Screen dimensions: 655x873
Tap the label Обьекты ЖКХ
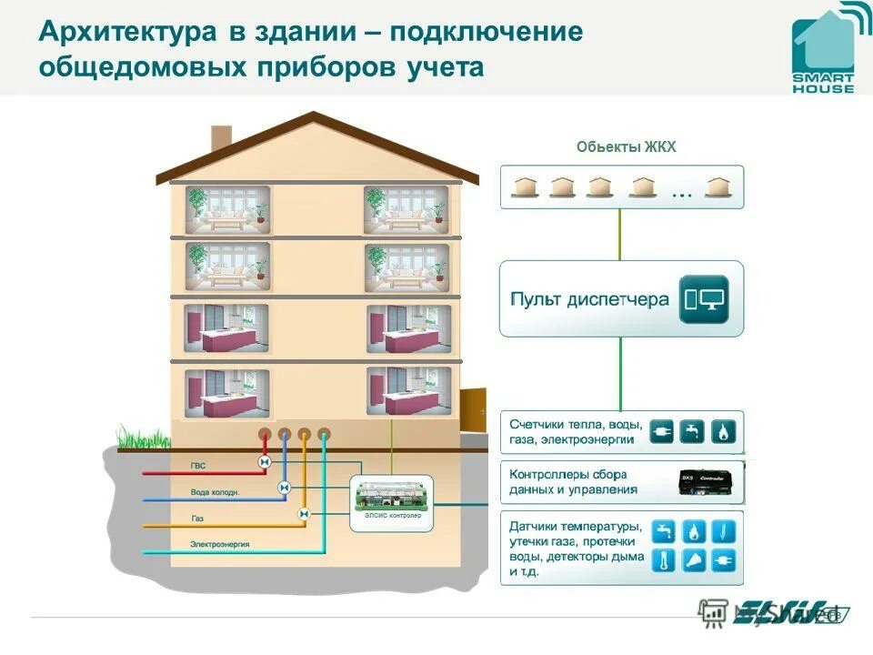pyautogui.click(x=627, y=147)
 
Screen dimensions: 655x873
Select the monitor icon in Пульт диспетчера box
pyautogui.click(x=704, y=299)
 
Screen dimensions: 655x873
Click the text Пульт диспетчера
pyautogui.click(x=589, y=299)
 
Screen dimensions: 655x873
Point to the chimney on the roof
pyautogui.click(x=221, y=138)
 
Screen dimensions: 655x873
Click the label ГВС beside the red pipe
pyautogui.click(x=198, y=466)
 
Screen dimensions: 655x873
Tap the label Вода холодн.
pyautogui.click(x=215, y=492)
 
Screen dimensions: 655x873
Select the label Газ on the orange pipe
pyautogui.click(x=197, y=519)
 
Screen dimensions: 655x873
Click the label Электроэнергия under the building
pyautogui.click(x=220, y=544)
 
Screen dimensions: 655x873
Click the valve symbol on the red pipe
pyautogui.click(x=265, y=464)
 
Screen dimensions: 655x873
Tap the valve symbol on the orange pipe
pyautogui.click(x=304, y=514)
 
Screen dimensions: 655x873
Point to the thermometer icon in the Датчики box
pyautogui.click(x=663, y=560)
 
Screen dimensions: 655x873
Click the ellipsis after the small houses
pyautogui.click(x=681, y=193)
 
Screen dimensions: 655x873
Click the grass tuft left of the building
pyautogui.click(x=136, y=435)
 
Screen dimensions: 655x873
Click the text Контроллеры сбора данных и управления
pyautogui.click(x=574, y=482)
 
